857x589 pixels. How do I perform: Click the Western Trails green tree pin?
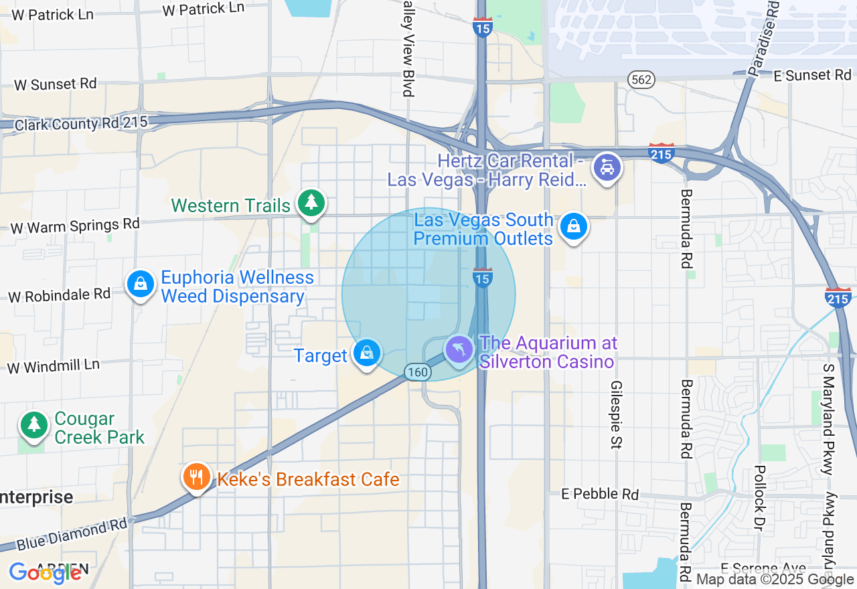pos(310,203)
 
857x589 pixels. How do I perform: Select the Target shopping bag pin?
pos(366,353)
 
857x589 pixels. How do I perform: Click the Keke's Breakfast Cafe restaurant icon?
pos(196,478)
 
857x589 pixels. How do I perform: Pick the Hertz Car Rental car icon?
pos(607,167)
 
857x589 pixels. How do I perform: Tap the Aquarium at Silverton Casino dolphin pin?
pos(459,349)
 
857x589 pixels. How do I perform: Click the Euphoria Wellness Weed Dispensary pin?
pos(141,284)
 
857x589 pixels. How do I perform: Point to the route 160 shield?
pos(417,372)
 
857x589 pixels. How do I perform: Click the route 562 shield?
pos(641,80)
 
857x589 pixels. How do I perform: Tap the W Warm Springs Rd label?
pos(75,226)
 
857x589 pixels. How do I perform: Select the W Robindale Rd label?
pos(59,294)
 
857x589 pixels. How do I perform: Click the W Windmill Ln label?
pos(53,366)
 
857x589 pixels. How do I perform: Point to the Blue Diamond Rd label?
pos(72,534)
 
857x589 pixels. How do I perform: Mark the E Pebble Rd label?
pos(601,494)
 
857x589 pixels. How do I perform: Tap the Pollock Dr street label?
pos(759,498)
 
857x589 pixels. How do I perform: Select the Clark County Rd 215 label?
pos(80,122)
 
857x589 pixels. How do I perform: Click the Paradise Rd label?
pos(764,37)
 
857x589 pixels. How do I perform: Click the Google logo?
pos(46,572)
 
